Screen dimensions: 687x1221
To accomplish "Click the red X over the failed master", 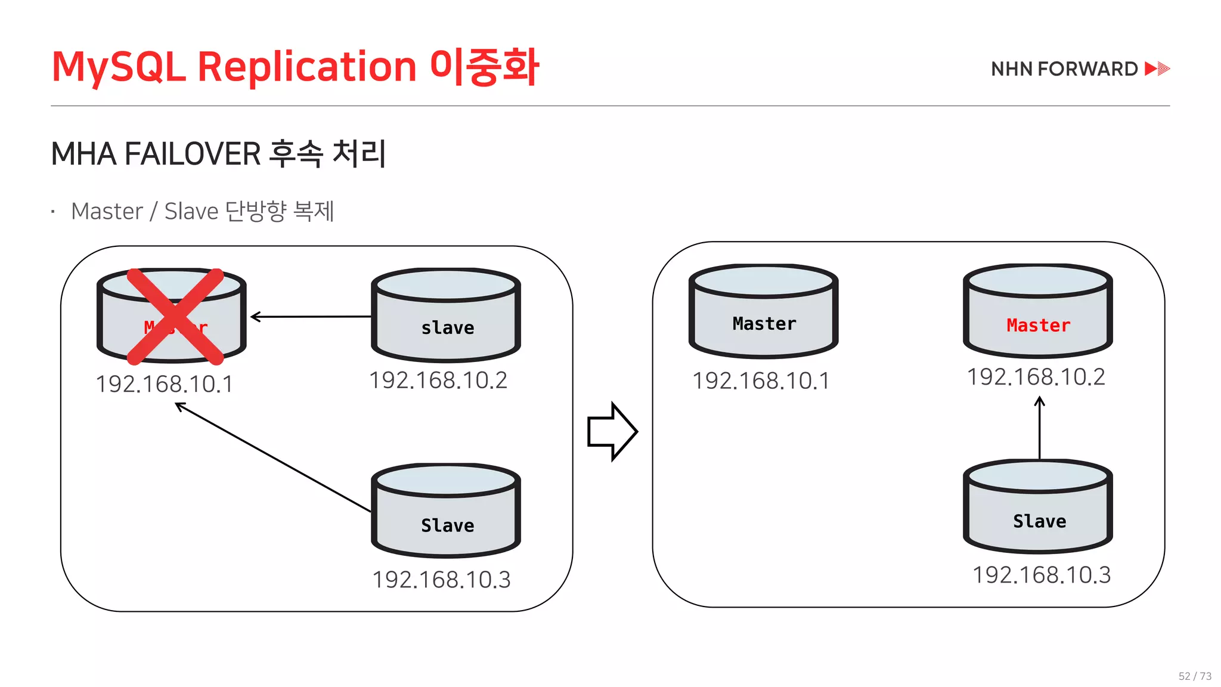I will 175,316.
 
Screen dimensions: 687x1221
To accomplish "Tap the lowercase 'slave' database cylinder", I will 446,316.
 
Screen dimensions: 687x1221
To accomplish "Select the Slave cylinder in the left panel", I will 446,511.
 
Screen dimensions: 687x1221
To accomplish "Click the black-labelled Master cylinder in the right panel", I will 764,312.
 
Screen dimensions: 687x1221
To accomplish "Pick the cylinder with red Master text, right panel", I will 1038,312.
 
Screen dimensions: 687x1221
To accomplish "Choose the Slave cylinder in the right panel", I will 1038,507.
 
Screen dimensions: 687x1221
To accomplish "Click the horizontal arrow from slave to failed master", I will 310,317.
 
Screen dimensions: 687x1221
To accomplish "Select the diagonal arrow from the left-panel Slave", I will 273,457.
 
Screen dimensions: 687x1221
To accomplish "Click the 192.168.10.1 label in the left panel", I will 165,384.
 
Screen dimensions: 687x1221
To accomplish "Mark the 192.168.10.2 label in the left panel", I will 438,380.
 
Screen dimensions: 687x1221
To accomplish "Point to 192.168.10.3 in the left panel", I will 441,580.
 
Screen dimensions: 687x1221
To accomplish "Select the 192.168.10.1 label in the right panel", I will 761,381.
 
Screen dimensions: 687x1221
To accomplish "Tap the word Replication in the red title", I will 306,66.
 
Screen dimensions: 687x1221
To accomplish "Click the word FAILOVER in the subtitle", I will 193,154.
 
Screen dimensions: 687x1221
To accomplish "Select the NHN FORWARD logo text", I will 1064,69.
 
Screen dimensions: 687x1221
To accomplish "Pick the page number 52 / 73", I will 1195,676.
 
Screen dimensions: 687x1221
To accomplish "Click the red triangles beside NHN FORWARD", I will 1157,69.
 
